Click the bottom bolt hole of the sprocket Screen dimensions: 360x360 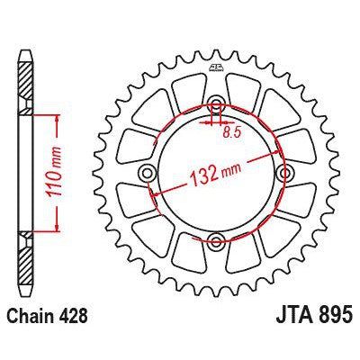217,240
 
